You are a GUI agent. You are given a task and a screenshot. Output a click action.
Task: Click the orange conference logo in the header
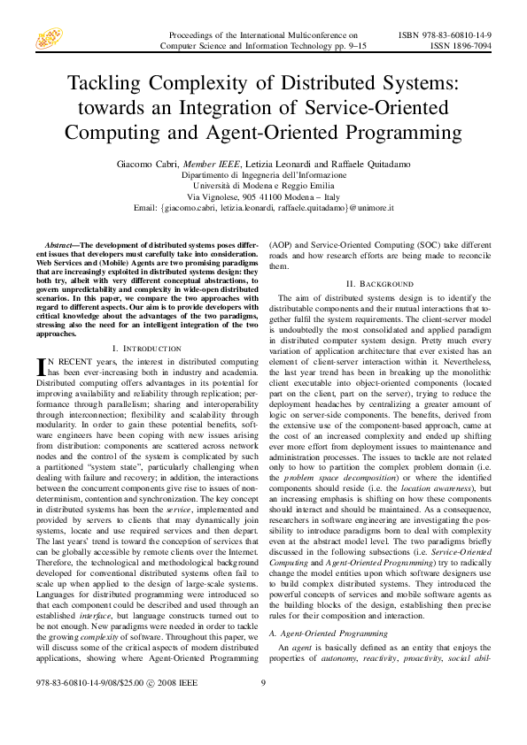[49, 37]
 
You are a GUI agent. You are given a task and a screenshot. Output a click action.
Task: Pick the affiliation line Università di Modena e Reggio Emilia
[264, 186]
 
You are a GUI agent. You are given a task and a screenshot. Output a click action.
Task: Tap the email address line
[264, 207]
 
